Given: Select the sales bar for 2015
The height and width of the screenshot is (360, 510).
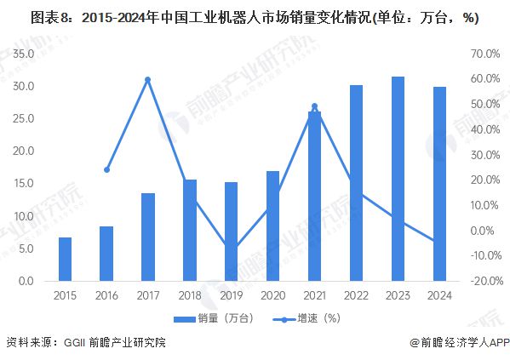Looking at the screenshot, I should coord(65,259).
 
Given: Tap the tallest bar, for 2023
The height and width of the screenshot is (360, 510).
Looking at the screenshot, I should coord(398,179).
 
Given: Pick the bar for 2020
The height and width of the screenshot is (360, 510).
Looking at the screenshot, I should coord(272,226).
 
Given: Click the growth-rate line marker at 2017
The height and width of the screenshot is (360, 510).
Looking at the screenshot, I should coord(147,80).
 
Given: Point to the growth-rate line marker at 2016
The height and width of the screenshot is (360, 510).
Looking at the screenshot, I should coord(106,169).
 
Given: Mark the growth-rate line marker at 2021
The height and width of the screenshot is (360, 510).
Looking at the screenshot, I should coord(314,106).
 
